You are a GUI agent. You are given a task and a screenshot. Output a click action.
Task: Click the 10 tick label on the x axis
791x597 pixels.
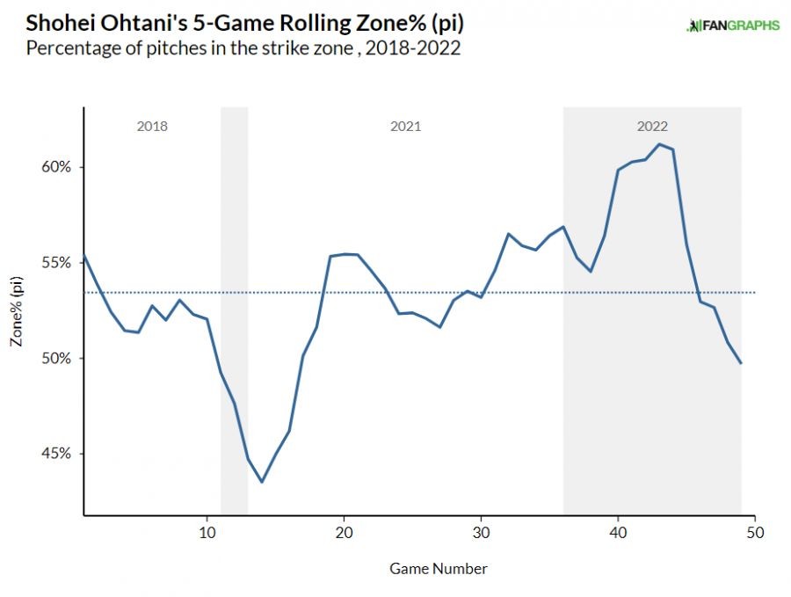[x=207, y=533]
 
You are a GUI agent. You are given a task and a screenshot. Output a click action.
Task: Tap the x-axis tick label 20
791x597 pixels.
[x=344, y=533]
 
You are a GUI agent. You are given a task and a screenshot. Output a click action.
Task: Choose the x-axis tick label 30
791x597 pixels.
[x=481, y=533]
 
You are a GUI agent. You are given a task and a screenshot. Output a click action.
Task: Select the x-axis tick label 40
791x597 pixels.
[x=618, y=533]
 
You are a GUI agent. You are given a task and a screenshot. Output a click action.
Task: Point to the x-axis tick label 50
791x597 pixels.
[x=755, y=533]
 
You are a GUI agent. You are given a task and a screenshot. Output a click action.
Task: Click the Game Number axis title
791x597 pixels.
[x=439, y=569]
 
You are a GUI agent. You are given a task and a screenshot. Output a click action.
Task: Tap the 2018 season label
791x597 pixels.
[x=152, y=127]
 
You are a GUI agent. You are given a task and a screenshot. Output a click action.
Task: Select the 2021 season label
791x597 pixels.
[x=405, y=127]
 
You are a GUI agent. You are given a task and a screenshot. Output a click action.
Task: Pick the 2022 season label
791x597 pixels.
[x=652, y=127]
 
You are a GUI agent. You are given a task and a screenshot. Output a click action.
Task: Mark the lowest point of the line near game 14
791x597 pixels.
[x=262, y=482]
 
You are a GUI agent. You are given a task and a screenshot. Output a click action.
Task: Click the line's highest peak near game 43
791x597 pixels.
[x=659, y=144]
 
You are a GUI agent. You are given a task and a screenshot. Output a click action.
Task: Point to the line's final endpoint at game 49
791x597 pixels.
[x=741, y=363]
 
